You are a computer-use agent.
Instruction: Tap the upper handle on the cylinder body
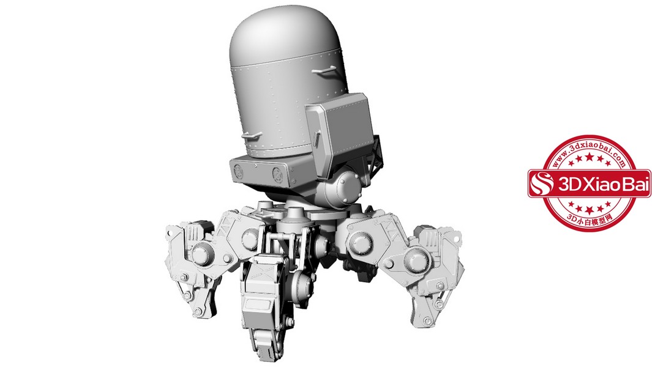point(325,70)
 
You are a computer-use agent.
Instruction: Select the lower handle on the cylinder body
point(252,136)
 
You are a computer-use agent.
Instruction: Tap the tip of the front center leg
point(266,355)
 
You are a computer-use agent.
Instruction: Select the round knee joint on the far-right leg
point(416,260)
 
